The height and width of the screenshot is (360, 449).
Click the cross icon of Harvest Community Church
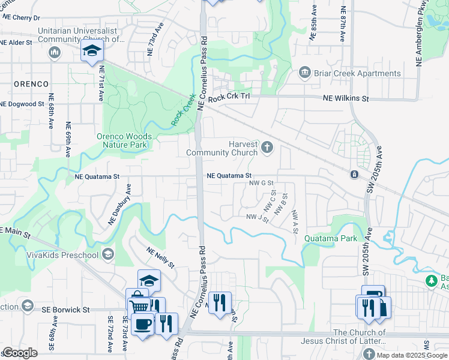(x=267, y=146)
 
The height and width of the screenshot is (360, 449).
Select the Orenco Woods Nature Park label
(x=124, y=140)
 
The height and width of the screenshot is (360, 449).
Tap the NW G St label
(x=262, y=182)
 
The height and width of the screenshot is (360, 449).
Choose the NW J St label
(x=257, y=217)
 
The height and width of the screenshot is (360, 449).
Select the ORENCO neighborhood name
(x=31, y=84)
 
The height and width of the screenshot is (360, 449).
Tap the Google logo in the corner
(x=20, y=352)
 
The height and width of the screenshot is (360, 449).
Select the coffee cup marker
(x=142, y=325)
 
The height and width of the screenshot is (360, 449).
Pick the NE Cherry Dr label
(x=20, y=19)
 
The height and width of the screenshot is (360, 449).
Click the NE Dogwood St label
(x=22, y=104)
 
